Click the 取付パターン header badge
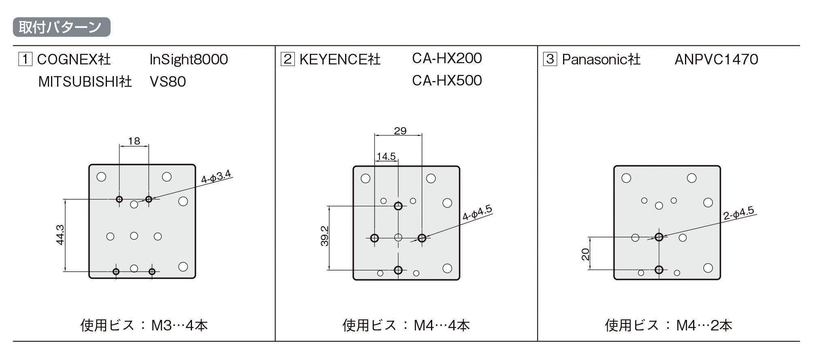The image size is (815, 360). click(x=62, y=27)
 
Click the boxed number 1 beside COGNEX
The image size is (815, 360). click(x=25, y=59)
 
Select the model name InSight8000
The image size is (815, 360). click(x=188, y=60)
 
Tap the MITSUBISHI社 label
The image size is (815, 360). click(x=85, y=81)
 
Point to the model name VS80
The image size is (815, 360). click(x=167, y=81)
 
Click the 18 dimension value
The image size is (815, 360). click(x=134, y=141)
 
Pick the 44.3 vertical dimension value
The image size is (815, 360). click(x=60, y=235)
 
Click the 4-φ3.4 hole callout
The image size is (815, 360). click(x=216, y=177)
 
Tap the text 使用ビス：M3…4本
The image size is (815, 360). click(x=144, y=325)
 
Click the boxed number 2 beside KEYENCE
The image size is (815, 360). click(x=287, y=59)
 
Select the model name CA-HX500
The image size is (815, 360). click(x=447, y=80)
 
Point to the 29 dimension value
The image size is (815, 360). click(x=400, y=131)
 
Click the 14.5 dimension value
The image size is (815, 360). click(x=386, y=156)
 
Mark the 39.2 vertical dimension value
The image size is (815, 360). click(x=325, y=236)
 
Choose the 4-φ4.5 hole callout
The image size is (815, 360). click(x=478, y=213)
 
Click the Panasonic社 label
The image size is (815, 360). click(x=601, y=60)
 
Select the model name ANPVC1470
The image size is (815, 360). click(x=716, y=60)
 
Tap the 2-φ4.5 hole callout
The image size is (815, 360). click(x=739, y=213)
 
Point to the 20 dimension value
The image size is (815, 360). click(x=585, y=254)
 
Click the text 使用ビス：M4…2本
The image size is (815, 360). click(x=668, y=325)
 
